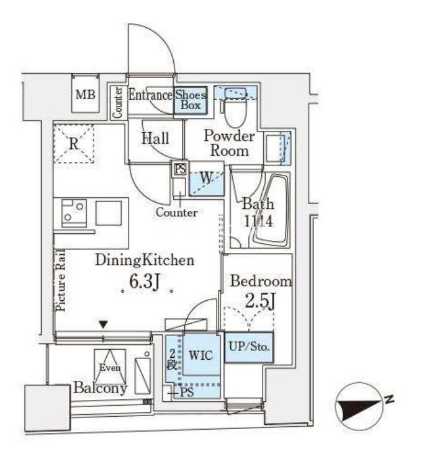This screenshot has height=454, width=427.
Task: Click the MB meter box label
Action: [86, 95]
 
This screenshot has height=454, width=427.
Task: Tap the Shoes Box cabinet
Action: [191, 100]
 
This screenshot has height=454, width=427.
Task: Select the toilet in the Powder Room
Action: [235, 112]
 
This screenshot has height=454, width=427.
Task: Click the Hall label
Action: [155, 138]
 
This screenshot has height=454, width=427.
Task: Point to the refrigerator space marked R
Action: [74, 143]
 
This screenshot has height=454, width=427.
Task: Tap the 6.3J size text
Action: [145, 282]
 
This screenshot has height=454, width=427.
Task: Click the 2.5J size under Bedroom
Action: [260, 301]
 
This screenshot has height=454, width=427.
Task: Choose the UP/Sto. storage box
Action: [249, 347]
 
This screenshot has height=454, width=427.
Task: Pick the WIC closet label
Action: [201, 355]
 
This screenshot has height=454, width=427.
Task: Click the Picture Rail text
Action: [61, 280]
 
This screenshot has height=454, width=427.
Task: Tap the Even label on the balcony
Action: [110, 367]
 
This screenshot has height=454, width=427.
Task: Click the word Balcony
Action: [100, 388]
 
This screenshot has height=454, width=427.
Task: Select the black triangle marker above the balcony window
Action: [104, 324]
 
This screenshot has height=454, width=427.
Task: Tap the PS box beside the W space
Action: [180, 169]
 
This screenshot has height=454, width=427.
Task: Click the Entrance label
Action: [150, 95]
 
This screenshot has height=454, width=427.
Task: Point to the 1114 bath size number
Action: [258, 221]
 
